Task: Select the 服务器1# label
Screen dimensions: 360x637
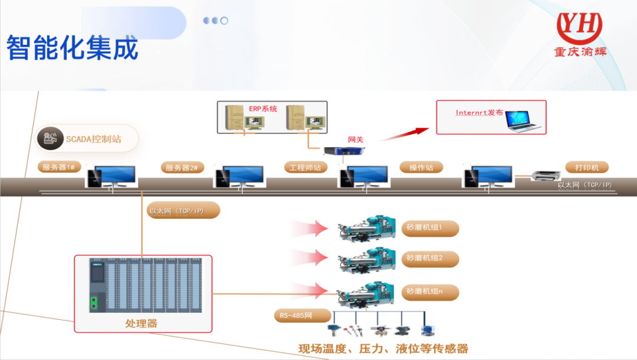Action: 58,167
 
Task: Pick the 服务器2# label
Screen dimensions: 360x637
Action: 182,168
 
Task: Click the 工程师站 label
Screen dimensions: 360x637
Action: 305,167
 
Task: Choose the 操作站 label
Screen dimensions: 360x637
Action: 421,167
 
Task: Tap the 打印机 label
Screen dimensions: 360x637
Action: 587,167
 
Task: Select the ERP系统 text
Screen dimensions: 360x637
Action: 263,109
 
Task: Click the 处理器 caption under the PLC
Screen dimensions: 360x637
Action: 141,323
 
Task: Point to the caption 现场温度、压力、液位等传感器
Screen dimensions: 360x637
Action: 383,348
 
